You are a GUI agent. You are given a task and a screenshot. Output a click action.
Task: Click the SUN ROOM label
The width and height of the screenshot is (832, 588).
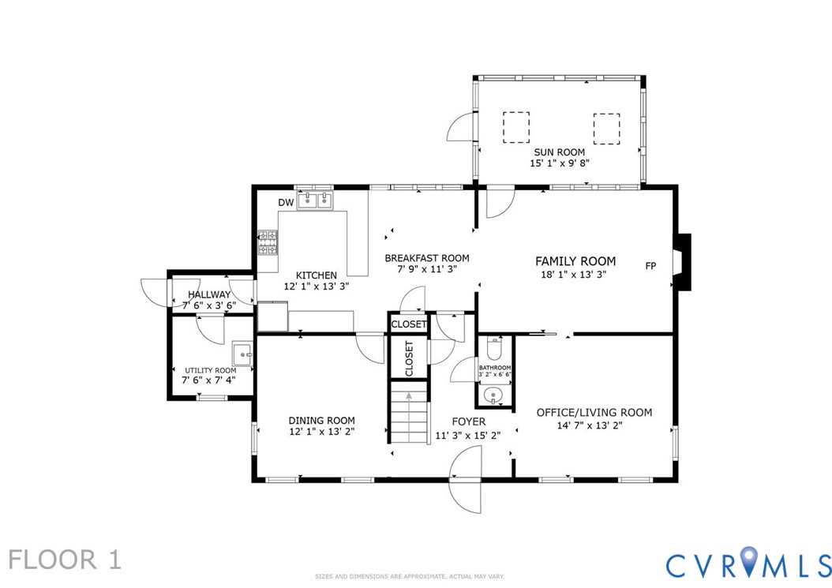pyautogui.click(x=559, y=152)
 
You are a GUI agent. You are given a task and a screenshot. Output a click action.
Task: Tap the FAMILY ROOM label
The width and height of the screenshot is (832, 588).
pyautogui.click(x=575, y=261)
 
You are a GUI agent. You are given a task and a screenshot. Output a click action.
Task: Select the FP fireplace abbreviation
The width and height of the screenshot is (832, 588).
pyautogui.click(x=650, y=266)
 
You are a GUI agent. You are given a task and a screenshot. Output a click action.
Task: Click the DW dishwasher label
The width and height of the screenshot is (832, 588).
pyautogui.click(x=286, y=203)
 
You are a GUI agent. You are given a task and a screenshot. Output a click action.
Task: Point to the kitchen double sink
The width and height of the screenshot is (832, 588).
pyautogui.click(x=315, y=200)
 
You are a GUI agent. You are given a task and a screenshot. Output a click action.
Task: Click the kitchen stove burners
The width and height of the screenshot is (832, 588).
pyautogui.click(x=268, y=243)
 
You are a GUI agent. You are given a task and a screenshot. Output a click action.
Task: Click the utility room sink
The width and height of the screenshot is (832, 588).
pyautogui.click(x=242, y=354)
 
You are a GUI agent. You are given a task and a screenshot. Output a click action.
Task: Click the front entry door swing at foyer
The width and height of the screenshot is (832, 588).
pyautogui.click(x=466, y=479)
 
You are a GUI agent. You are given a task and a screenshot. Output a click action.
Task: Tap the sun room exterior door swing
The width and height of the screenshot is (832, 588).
pyautogui.click(x=461, y=127)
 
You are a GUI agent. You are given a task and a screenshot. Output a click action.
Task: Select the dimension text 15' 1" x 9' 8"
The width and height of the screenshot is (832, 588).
pyautogui.click(x=559, y=163)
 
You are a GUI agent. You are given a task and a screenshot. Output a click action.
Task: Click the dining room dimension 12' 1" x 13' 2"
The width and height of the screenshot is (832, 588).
pyautogui.click(x=321, y=432)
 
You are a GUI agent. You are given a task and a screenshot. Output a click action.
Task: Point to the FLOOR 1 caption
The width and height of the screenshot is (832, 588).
pyautogui.click(x=65, y=560)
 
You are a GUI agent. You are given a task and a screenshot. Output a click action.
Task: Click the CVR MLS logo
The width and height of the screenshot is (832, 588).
pyautogui.click(x=748, y=563)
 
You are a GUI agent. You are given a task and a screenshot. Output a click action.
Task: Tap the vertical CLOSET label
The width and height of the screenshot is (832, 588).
pyautogui.click(x=409, y=358)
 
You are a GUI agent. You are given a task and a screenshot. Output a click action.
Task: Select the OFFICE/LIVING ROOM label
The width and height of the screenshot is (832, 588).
pyautogui.click(x=594, y=412)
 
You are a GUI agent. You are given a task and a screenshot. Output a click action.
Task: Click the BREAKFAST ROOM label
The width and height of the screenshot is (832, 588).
pyautogui.click(x=427, y=258)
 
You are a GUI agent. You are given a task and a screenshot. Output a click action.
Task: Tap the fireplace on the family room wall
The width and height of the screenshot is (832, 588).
pyautogui.click(x=681, y=262)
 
